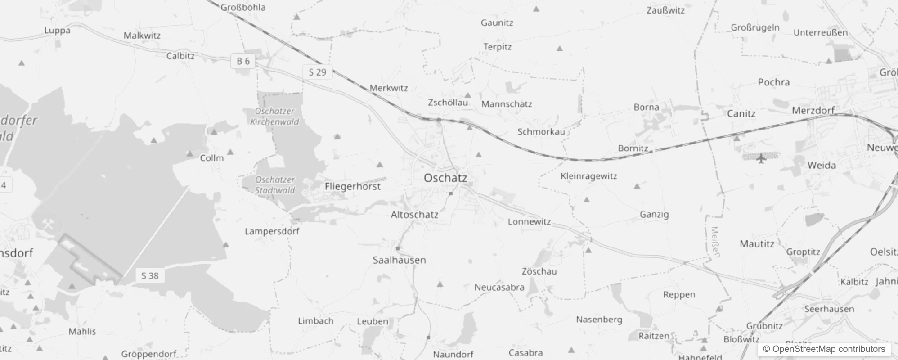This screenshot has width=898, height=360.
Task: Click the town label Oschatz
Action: [x=445, y=178]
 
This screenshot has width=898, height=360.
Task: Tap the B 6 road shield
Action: [x=243, y=61]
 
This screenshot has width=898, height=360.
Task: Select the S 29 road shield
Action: [x=317, y=72]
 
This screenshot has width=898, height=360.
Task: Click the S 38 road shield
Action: [x=150, y=276]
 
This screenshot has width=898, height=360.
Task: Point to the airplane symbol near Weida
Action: [x=761, y=158]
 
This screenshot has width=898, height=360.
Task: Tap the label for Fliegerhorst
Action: [x=352, y=186]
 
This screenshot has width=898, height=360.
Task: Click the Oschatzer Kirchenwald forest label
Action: [x=274, y=116]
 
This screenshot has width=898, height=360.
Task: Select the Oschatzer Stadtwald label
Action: [x=275, y=185]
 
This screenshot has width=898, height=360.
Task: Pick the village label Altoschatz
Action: [x=414, y=215]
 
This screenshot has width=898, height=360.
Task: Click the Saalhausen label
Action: [x=399, y=260]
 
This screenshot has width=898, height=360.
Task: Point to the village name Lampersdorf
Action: [x=272, y=231]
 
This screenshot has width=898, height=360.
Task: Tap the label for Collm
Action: [x=211, y=158]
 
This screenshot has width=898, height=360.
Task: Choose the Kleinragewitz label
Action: [x=588, y=176]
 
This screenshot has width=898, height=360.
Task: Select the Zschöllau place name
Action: [x=448, y=103]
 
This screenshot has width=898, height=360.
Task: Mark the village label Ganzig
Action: [x=654, y=215]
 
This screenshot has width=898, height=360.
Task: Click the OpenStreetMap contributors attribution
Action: [x=824, y=349]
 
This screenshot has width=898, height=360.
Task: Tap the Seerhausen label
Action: [x=829, y=309]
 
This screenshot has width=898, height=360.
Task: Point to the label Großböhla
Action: [x=243, y=7]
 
